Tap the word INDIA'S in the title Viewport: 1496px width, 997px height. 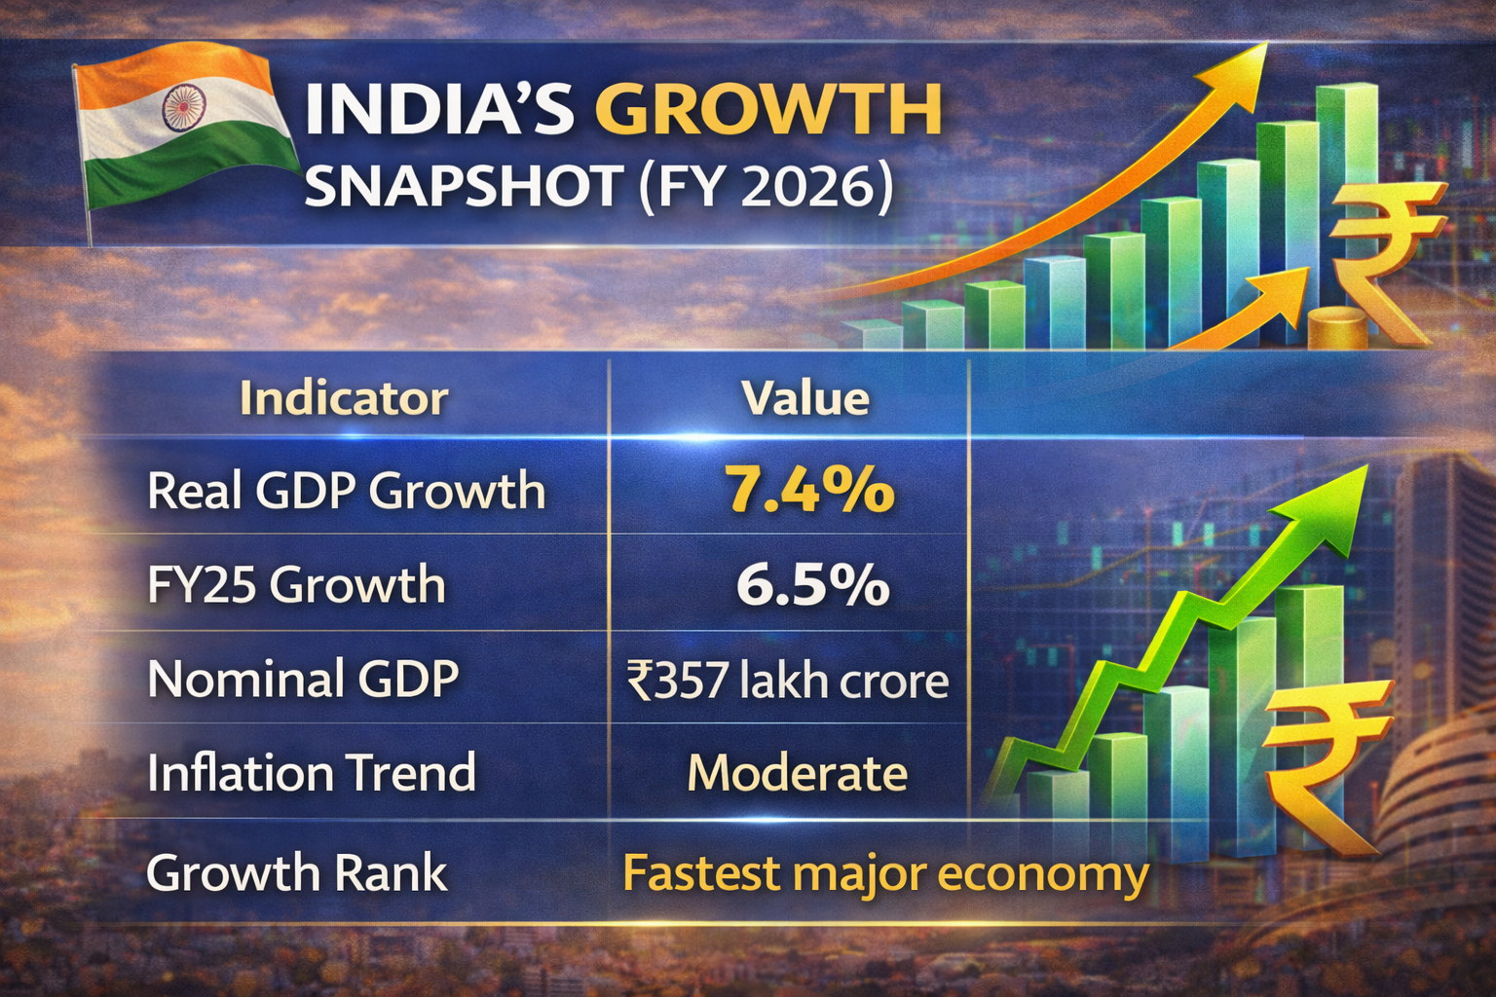tap(439, 109)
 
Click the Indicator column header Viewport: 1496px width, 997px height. tap(344, 398)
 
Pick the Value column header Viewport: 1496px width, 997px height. tap(804, 398)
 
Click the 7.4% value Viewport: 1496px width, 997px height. tap(808, 489)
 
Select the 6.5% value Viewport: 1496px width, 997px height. tap(811, 584)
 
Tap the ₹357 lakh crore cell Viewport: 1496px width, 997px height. tap(788, 680)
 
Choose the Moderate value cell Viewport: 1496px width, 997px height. tap(798, 774)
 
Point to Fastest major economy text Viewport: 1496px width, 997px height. tap(885, 873)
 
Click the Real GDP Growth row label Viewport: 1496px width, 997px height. tap(346, 490)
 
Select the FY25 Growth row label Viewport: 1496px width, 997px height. tap(296, 585)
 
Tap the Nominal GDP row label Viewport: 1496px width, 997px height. tap(303, 679)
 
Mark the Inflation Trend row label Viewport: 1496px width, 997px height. tap(312, 773)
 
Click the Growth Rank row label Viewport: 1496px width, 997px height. tap(296, 872)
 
